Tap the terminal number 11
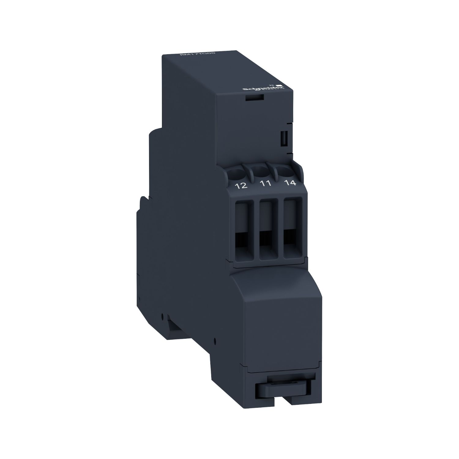pyautogui.click(x=265, y=184)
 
